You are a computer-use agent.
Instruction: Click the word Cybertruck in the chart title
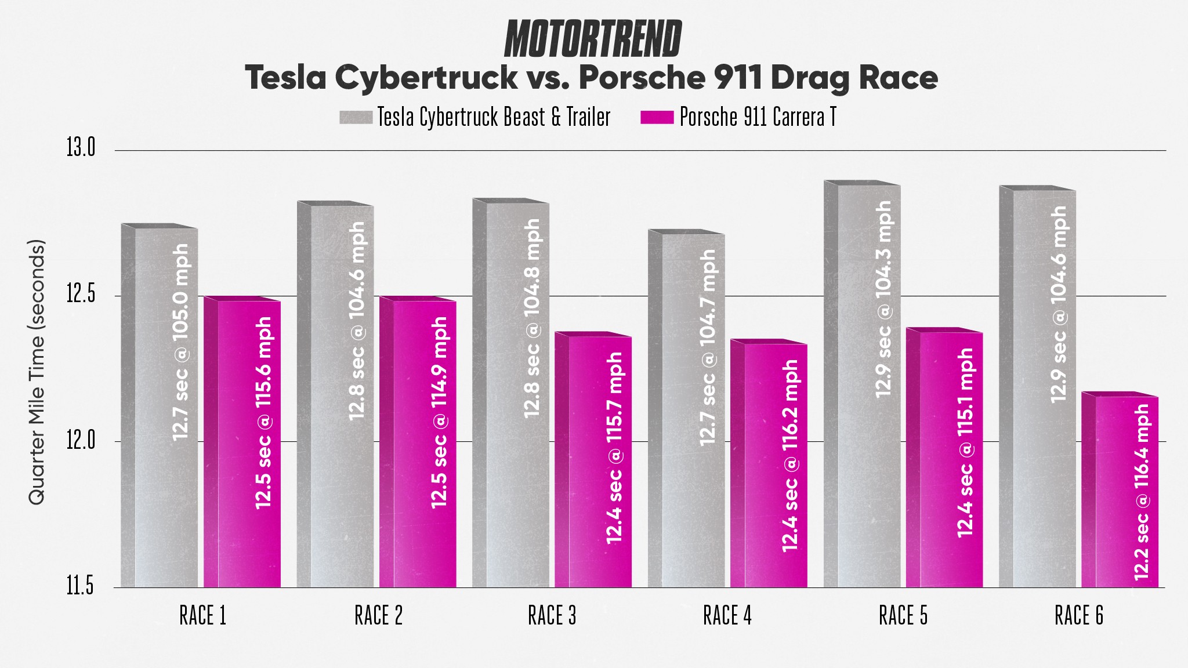coord(426,78)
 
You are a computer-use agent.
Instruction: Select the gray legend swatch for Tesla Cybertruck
coord(356,117)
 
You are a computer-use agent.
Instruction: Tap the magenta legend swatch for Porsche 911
coord(657,117)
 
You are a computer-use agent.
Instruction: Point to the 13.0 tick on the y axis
coord(80,148)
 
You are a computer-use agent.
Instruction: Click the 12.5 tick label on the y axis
coord(80,295)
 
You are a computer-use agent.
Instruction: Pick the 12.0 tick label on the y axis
coord(80,441)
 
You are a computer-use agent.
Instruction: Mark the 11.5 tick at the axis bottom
coord(80,586)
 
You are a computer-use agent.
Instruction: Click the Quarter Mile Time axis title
coord(37,371)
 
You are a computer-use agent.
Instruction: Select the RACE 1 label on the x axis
coord(202,616)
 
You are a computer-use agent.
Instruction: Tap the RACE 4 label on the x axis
coord(727,616)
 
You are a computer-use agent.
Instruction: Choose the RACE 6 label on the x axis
coord(1078,616)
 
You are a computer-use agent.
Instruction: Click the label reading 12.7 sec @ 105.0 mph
coord(181,342)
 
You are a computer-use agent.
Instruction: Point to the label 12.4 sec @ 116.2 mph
coord(791,455)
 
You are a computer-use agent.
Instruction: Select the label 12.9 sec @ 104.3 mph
coord(883,299)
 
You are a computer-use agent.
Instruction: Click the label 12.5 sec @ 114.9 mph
coord(440,412)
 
